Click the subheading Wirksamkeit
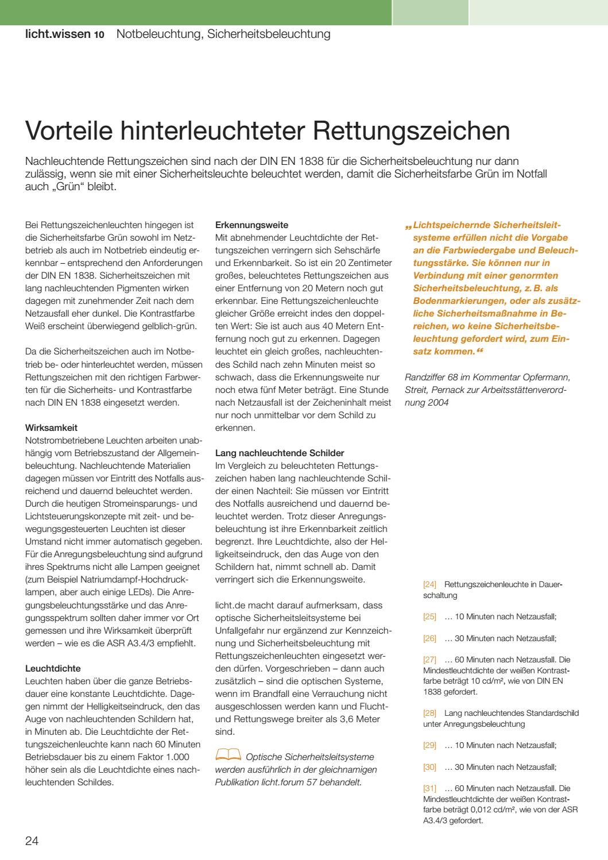tap(52, 427)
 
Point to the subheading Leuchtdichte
tap(53, 668)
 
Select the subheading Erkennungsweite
tap(251, 225)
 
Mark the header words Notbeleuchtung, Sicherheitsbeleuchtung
tap(223, 34)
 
